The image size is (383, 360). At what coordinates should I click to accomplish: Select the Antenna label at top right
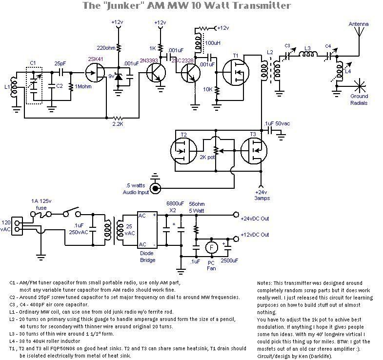(x=359, y=24)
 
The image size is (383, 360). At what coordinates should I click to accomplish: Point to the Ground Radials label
(x=359, y=100)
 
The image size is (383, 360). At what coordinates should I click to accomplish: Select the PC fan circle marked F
(x=211, y=247)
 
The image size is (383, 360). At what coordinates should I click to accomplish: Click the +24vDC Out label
(x=254, y=219)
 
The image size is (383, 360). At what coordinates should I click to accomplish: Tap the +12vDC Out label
(x=254, y=235)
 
